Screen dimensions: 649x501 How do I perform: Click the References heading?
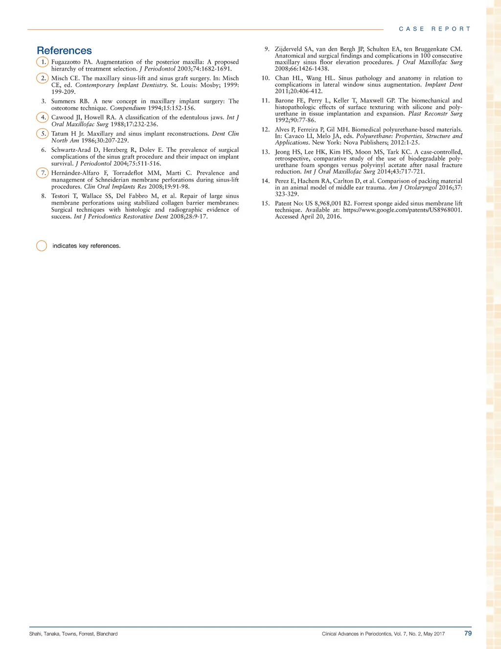[64, 50]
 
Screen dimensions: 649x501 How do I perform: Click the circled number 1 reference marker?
[43, 62]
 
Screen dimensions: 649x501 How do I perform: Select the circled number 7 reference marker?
[43, 173]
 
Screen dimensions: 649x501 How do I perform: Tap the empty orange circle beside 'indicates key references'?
[42, 246]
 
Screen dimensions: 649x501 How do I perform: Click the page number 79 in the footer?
[468, 633]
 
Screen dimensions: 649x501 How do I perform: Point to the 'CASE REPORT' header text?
[434, 29]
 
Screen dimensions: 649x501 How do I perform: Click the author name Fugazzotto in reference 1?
[66, 62]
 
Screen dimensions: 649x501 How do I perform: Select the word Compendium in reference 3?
[128, 108]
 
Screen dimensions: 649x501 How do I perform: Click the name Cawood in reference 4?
[62, 118]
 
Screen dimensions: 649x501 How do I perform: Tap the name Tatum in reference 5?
[60, 134]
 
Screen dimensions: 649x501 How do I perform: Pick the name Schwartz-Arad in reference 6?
[71, 150]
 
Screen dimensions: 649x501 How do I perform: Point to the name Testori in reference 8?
[61, 196]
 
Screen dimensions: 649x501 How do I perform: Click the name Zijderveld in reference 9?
[288, 49]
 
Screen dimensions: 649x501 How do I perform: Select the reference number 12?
[266, 130]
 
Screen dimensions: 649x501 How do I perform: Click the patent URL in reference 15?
[402, 210]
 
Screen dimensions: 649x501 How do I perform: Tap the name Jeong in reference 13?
[283, 152]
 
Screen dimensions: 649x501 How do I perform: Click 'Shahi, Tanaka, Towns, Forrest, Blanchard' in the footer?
[73, 634]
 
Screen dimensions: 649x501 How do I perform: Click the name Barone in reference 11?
[284, 100]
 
